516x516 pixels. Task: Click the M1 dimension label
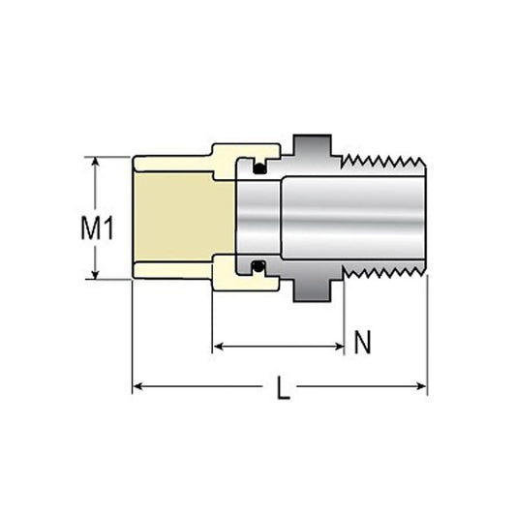98,228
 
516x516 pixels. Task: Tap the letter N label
362,342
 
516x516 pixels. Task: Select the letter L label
283,388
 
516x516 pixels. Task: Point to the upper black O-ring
259,168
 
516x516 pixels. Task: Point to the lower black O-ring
258,266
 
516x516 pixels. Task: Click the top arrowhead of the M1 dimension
96,162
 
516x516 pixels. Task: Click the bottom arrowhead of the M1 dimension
96,275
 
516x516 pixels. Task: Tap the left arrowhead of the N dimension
219,347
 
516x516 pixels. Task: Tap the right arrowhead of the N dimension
339,347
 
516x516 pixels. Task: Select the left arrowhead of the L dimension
137,386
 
